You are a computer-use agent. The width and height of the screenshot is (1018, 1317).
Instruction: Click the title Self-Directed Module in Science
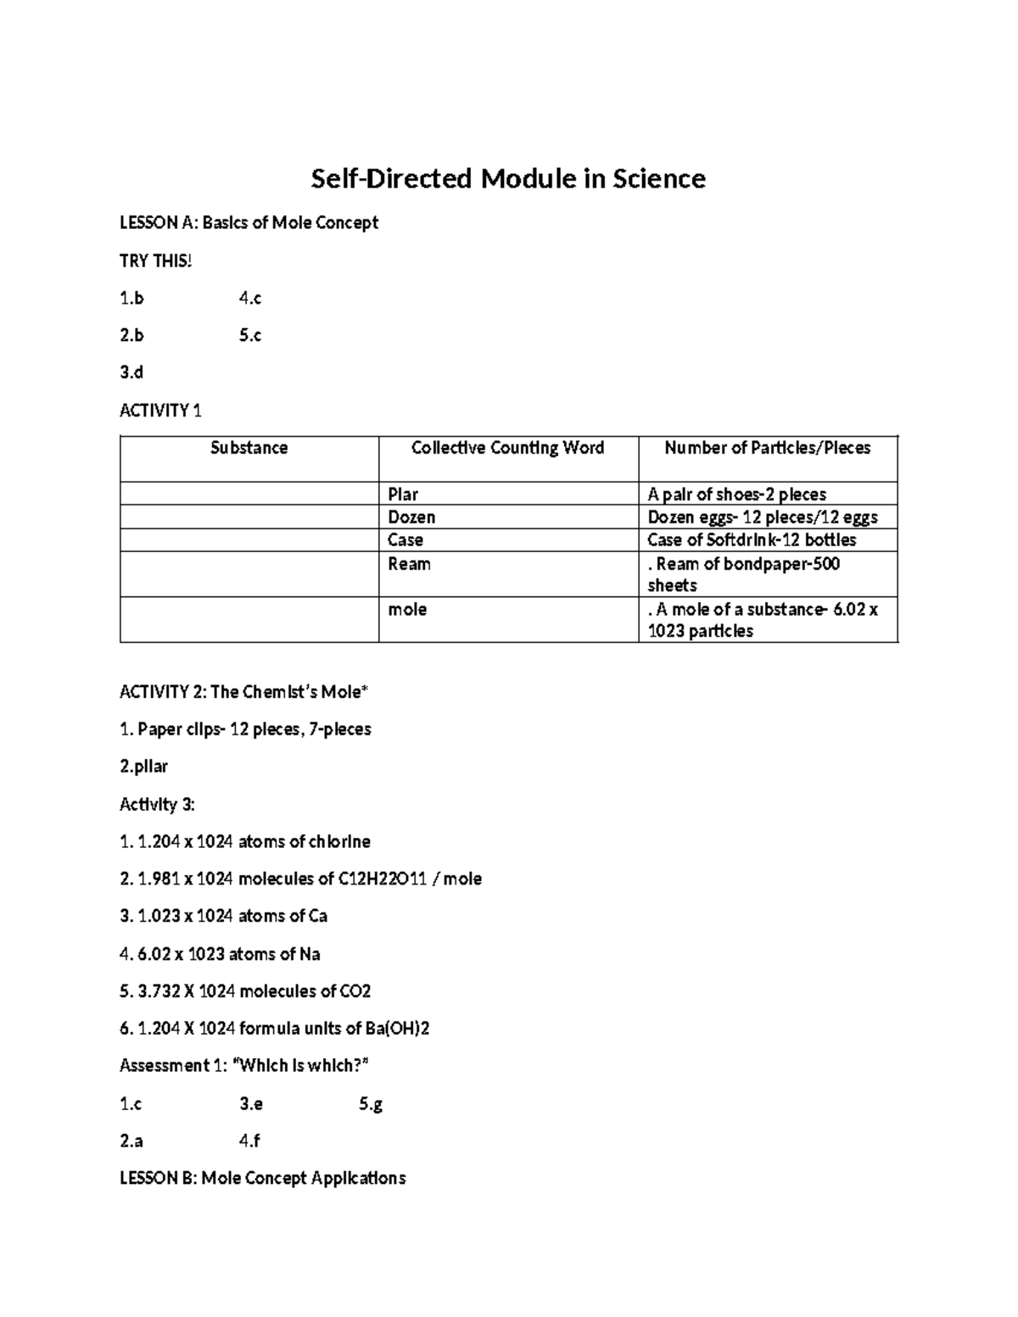pyautogui.click(x=508, y=179)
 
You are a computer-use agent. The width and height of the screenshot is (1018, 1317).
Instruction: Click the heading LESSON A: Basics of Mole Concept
pyautogui.click(x=249, y=223)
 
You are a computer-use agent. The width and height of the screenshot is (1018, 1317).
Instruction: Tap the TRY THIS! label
pyautogui.click(x=155, y=261)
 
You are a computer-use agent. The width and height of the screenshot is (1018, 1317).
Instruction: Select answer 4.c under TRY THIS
pyautogui.click(x=250, y=299)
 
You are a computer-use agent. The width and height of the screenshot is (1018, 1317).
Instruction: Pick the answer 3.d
pyautogui.click(x=131, y=372)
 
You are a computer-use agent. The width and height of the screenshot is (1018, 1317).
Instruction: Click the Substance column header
pyautogui.click(x=249, y=449)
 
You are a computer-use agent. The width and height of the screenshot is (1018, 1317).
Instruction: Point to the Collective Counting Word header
pyautogui.click(x=507, y=449)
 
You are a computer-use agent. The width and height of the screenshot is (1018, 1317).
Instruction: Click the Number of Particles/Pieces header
pyautogui.click(x=767, y=449)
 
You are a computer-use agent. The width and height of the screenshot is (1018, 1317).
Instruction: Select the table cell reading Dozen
pyautogui.click(x=411, y=517)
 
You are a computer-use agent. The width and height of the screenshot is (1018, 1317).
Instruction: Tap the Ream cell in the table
pyautogui.click(x=409, y=564)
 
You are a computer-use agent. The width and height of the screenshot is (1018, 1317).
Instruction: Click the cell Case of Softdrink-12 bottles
pyautogui.click(x=752, y=540)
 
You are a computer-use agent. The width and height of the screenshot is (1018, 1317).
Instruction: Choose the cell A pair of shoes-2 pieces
pyautogui.click(x=736, y=494)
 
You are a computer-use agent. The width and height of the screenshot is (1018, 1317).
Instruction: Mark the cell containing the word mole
pyautogui.click(x=407, y=610)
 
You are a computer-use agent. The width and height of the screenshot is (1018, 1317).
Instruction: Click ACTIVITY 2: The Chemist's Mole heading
pyautogui.click(x=243, y=692)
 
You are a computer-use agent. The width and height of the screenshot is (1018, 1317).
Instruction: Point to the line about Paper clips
pyautogui.click(x=245, y=729)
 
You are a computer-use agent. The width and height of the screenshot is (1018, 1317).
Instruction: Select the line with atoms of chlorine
pyautogui.click(x=245, y=842)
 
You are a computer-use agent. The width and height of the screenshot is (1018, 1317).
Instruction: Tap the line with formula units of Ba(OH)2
pyautogui.click(x=274, y=1029)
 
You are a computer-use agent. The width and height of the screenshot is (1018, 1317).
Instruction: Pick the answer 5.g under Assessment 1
pyautogui.click(x=371, y=1104)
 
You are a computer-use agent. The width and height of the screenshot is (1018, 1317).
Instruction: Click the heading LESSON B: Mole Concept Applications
pyautogui.click(x=262, y=1179)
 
